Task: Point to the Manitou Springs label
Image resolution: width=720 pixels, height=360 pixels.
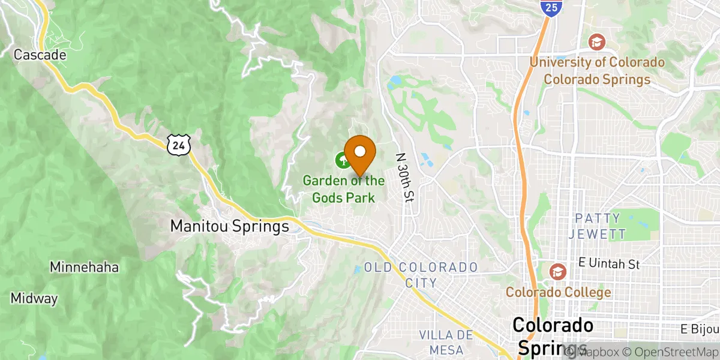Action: (x=229, y=226)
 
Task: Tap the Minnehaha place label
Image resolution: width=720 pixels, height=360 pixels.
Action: (x=84, y=267)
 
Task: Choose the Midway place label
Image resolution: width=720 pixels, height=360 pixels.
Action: (x=34, y=298)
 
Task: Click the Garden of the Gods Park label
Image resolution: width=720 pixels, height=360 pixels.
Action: (x=343, y=188)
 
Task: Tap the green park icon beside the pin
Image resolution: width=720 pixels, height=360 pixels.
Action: (x=341, y=160)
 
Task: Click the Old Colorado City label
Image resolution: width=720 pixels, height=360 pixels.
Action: (x=421, y=274)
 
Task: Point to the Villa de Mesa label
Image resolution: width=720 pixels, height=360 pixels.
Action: (x=445, y=342)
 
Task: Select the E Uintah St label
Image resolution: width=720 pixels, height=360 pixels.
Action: (x=610, y=263)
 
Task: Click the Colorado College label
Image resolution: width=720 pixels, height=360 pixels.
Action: (x=558, y=292)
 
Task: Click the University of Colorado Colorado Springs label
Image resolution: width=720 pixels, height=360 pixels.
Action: (x=596, y=71)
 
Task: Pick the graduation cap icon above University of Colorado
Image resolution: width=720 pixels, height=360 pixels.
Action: (x=596, y=42)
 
